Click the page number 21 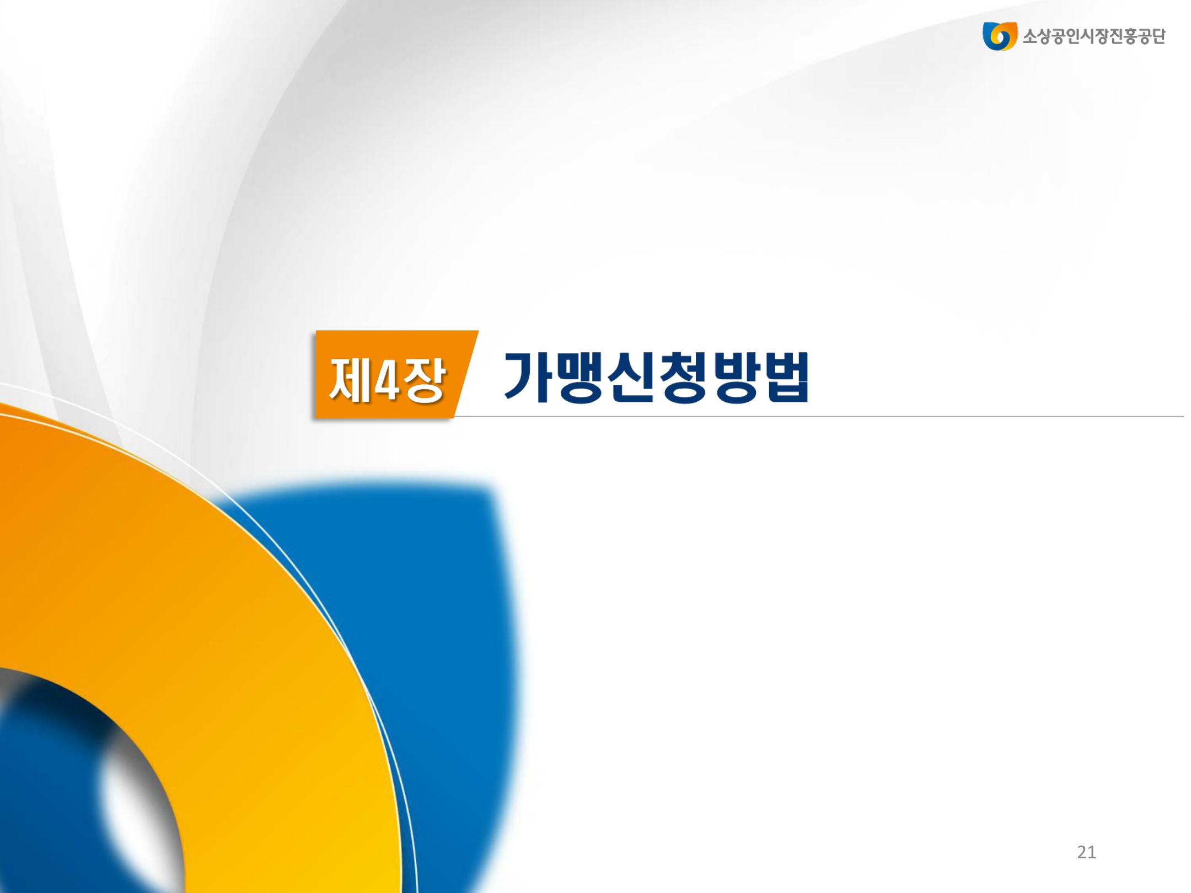(x=1086, y=852)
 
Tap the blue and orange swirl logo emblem (x=999, y=36)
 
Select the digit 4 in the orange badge (x=386, y=379)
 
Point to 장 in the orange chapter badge (x=423, y=379)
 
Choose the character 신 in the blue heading (x=631, y=376)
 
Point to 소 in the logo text (x=1031, y=36)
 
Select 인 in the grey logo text (x=1063, y=36)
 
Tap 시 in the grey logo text (x=1079, y=36)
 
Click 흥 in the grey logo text (x=1126, y=36)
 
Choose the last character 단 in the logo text (x=1158, y=36)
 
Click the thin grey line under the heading (x=819, y=416)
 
